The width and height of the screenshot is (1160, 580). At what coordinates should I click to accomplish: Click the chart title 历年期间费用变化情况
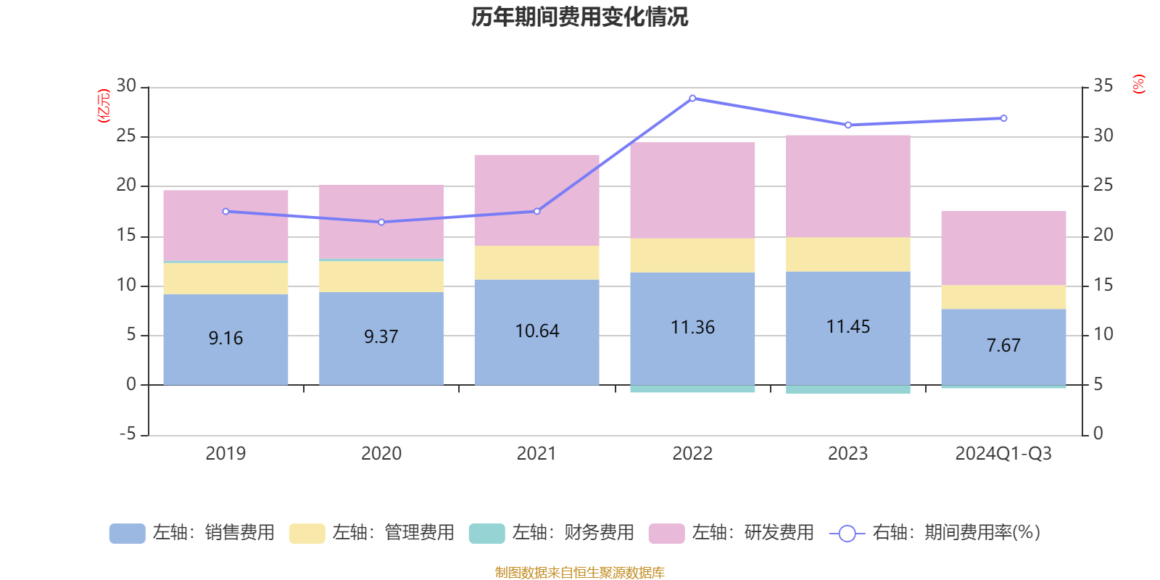coord(579,17)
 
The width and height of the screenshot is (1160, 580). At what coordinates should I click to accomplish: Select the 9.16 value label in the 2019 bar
coord(225,338)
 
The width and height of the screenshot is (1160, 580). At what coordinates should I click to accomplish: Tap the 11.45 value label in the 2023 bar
coord(848,327)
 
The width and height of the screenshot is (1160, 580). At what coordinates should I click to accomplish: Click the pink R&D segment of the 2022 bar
coord(692,190)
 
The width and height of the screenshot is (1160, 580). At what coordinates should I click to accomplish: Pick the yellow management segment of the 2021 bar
coord(536,262)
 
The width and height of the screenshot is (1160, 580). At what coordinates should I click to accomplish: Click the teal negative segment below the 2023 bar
coord(848,390)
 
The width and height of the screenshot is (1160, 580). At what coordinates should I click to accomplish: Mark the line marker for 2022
coord(692,98)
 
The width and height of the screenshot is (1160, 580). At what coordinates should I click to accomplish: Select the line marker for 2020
coord(381,222)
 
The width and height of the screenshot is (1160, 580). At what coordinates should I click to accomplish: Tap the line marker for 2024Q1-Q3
coord(1003,118)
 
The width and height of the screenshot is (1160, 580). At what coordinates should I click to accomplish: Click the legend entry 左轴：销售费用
coord(192,533)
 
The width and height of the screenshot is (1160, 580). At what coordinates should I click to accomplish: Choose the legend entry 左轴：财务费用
coord(552,533)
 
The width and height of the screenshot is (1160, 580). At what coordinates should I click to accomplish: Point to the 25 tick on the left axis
coord(127,136)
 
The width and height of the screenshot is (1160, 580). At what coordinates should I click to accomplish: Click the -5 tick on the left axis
coord(127,434)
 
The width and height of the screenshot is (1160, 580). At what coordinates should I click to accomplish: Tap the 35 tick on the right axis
coord(1103,86)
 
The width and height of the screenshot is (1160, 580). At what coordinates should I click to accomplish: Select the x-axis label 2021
coord(536,454)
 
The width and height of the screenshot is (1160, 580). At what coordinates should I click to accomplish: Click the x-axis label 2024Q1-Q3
coord(1003,454)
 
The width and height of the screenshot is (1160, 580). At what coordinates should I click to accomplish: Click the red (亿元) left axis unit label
coord(104,105)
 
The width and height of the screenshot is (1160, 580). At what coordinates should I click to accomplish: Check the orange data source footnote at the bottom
coord(579,572)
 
